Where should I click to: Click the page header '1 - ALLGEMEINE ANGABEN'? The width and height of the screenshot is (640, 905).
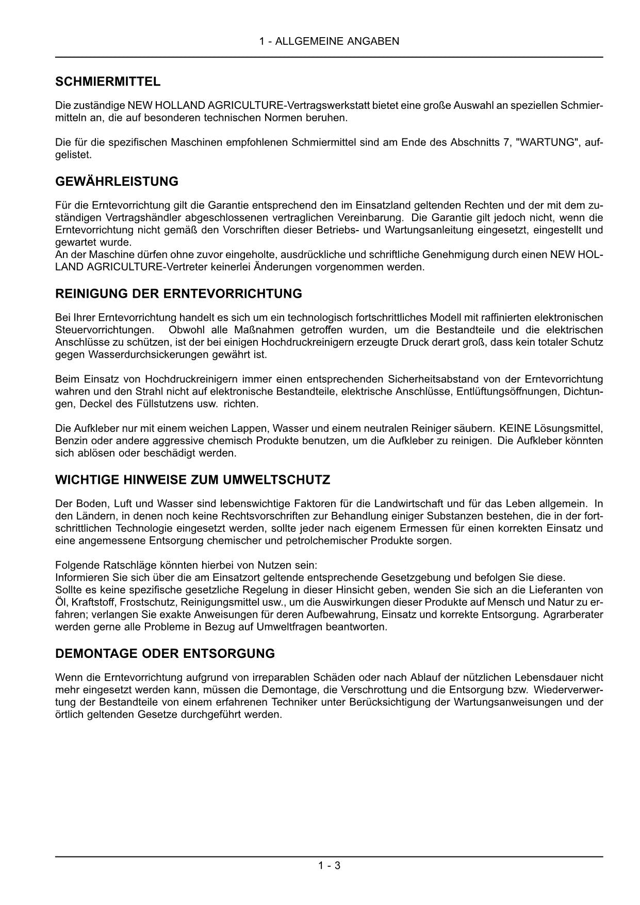pyautogui.click(x=329, y=41)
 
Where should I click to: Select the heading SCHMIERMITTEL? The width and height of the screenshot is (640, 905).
pyautogui.click(x=108, y=82)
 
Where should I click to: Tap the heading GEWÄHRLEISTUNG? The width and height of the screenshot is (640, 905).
pyautogui.click(x=117, y=182)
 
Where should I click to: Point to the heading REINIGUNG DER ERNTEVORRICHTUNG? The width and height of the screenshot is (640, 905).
pyautogui.click(x=178, y=294)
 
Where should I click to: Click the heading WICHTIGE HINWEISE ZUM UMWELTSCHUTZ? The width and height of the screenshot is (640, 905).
pyautogui.click(x=192, y=480)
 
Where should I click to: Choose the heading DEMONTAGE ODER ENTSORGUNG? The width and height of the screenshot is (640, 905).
pyautogui.click(x=165, y=654)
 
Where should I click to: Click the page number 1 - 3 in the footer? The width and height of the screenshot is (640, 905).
pyautogui.click(x=329, y=866)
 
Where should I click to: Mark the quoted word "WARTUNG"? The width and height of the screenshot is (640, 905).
pyautogui.click(x=546, y=142)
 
